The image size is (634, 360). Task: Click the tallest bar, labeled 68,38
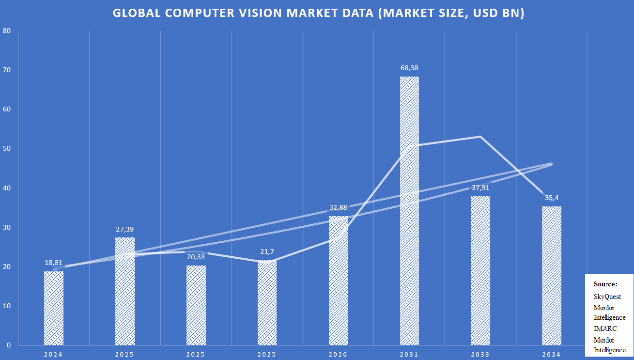coord(409,211)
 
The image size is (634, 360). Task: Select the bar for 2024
coord(53,308)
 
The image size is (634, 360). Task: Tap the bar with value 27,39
coord(125,291)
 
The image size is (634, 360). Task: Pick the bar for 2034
coord(552,276)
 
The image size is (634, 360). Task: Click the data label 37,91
coord(480,188)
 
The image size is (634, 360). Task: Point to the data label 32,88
coord(338,207)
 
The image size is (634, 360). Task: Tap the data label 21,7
coord(267,251)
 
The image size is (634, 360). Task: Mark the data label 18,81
coord(53,263)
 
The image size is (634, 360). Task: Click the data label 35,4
coord(552,198)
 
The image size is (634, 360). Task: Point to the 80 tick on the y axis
coord(7,31)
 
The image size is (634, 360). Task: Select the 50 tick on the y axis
coord(7,148)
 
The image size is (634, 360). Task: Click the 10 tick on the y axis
coord(7,306)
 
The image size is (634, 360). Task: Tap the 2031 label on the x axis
coord(409,354)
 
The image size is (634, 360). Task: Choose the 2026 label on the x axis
coord(338,354)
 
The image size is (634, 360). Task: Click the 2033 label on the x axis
coord(480,354)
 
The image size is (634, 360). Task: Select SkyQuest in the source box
coord(607,297)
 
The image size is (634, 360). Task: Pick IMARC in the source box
coord(605,329)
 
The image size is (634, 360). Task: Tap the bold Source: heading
coord(605,284)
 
